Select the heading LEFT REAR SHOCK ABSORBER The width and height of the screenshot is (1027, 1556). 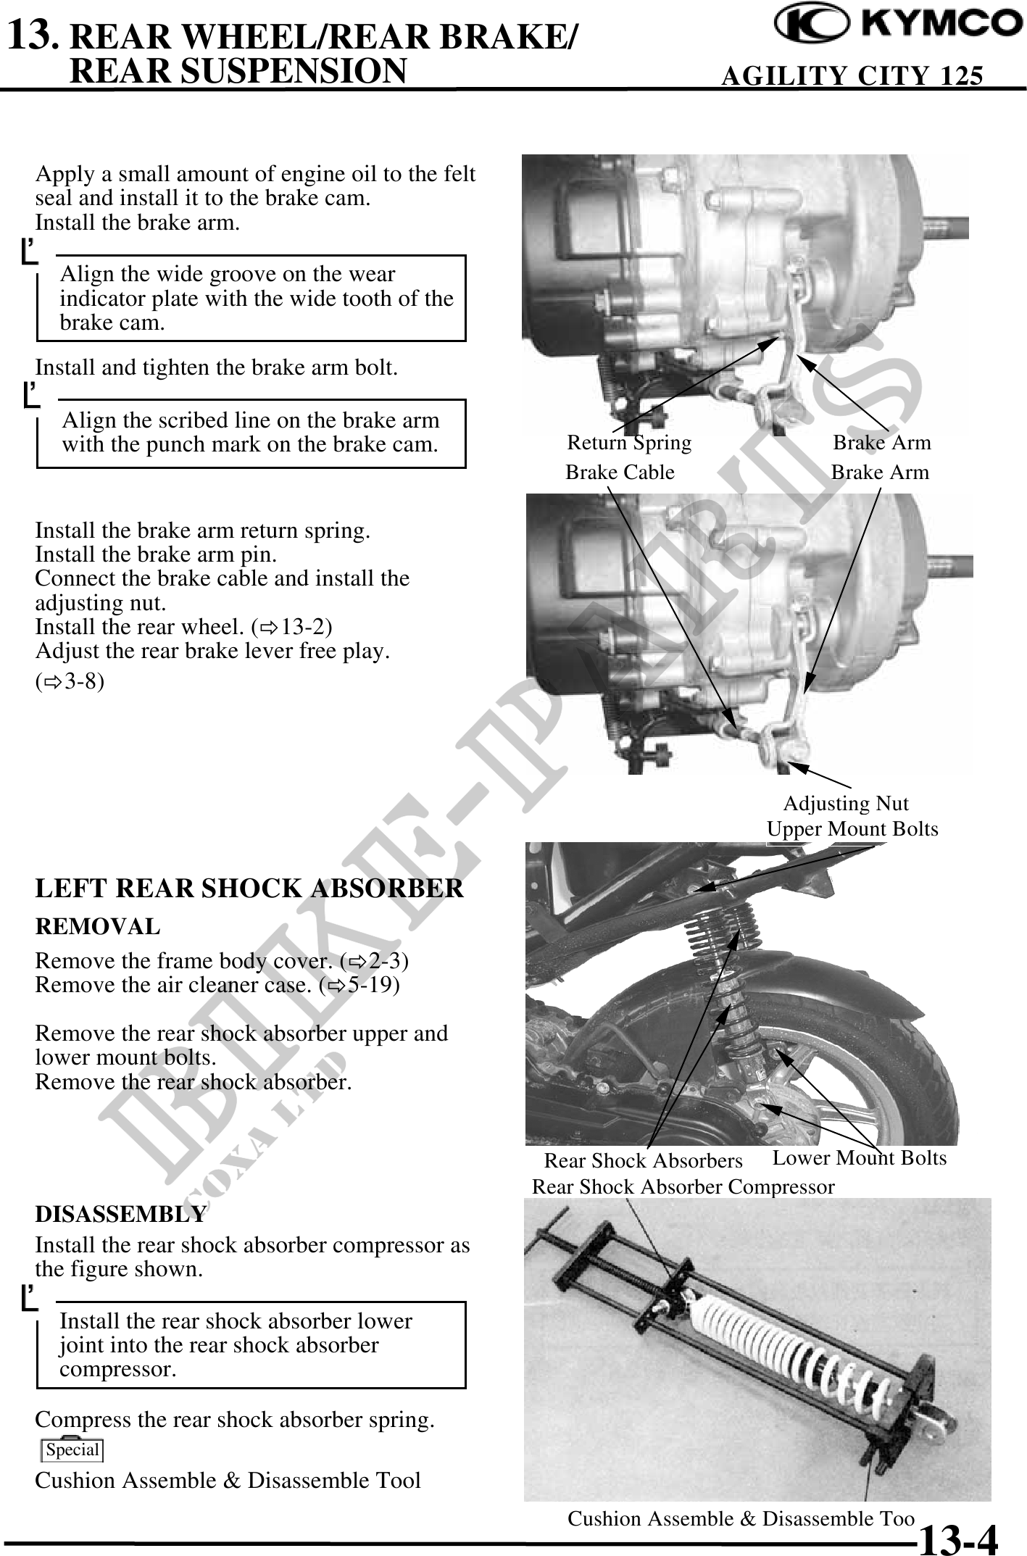(249, 889)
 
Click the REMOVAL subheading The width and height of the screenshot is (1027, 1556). (98, 926)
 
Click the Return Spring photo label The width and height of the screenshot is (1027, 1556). (629, 442)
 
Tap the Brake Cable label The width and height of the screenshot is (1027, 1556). (620, 473)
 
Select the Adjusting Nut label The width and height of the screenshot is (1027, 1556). (846, 804)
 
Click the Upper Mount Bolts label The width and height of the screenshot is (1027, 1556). (852, 829)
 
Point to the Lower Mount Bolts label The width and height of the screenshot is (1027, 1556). (860, 1158)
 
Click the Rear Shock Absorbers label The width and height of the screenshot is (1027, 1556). (643, 1161)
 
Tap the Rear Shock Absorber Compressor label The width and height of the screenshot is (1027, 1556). (683, 1187)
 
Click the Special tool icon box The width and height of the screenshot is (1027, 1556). (72, 1449)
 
